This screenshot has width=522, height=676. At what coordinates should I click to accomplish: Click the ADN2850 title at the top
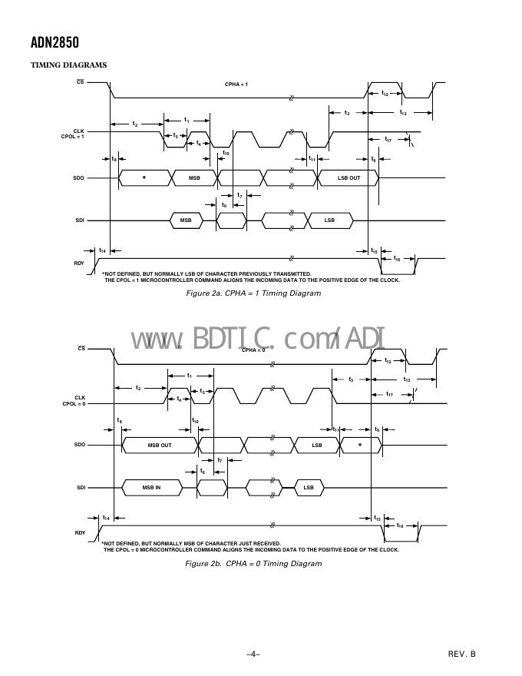[55, 43]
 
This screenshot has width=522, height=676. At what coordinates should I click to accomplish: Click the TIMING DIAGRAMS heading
[68, 65]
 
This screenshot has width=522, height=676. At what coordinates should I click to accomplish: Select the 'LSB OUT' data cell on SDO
[349, 177]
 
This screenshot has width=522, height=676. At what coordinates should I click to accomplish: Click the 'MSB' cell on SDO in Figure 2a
[194, 177]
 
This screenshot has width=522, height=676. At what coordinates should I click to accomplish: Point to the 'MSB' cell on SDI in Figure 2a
[186, 220]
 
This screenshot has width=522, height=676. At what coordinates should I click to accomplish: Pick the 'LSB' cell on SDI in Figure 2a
[329, 220]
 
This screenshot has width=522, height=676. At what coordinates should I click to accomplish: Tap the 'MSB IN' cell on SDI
[152, 488]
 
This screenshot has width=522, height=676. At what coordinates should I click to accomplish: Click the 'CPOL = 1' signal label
[73, 136]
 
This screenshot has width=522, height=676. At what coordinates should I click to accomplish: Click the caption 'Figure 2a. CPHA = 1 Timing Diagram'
[253, 293]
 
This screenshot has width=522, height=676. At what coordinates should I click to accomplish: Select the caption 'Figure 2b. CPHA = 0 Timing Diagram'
[253, 564]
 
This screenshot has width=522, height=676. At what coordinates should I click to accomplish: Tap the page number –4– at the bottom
[253, 654]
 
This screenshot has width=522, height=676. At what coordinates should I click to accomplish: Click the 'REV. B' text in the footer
[462, 654]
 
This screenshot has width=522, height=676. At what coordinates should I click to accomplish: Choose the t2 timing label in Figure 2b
[138, 388]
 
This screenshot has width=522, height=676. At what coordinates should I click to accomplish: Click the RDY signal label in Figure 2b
[80, 532]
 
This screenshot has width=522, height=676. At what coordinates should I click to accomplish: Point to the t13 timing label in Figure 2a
[402, 113]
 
